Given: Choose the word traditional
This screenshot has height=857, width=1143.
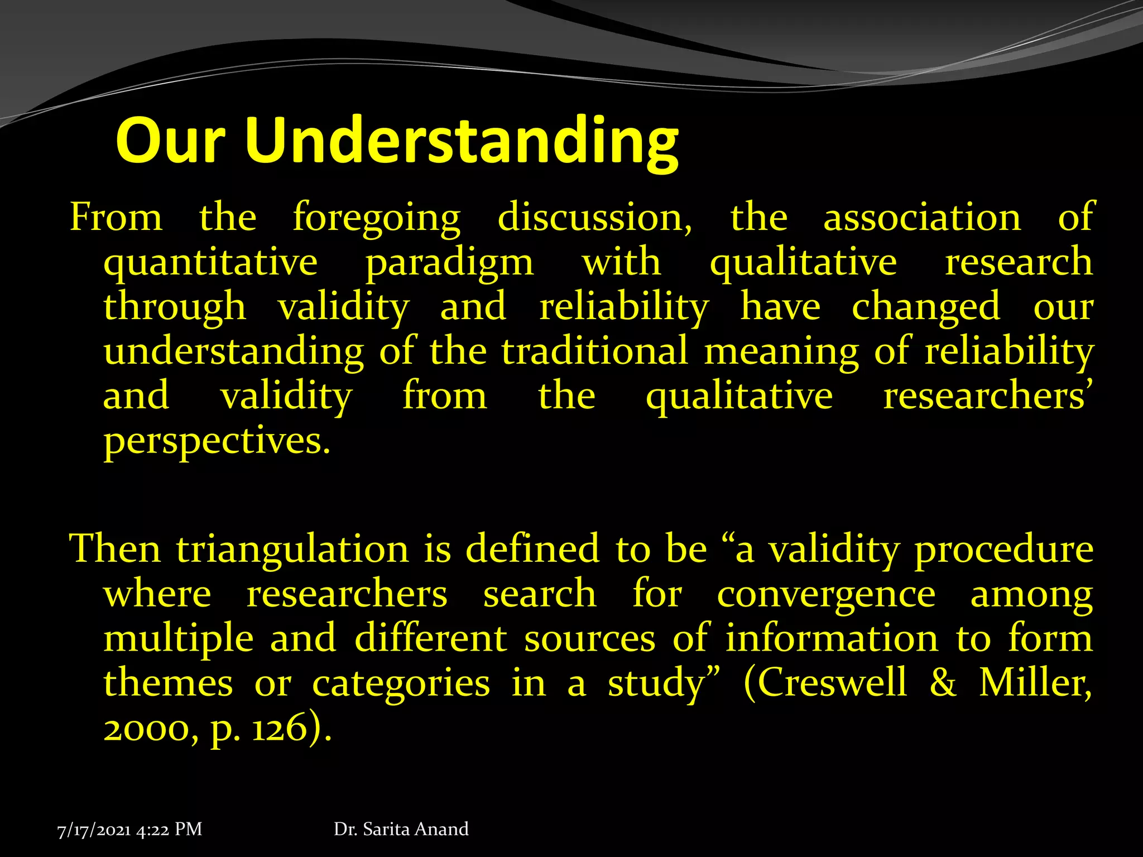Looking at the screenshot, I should pyautogui.click(x=594, y=352).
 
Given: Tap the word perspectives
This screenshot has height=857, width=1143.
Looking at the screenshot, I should pyautogui.click(x=217, y=442).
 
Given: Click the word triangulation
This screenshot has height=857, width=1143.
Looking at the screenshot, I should pyautogui.click(x=293, y=550).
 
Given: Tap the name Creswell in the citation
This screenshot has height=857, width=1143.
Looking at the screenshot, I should pyautogui.click(x=832, y=683).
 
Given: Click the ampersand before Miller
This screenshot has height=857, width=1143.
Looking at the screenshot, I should pyautogui.click(x=943, y=683).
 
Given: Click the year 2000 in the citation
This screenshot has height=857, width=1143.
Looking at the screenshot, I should pyautogui.click(x=150, y=729).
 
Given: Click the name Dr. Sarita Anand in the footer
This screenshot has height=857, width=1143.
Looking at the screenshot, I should pyautogui.click(x=401, y=829).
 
